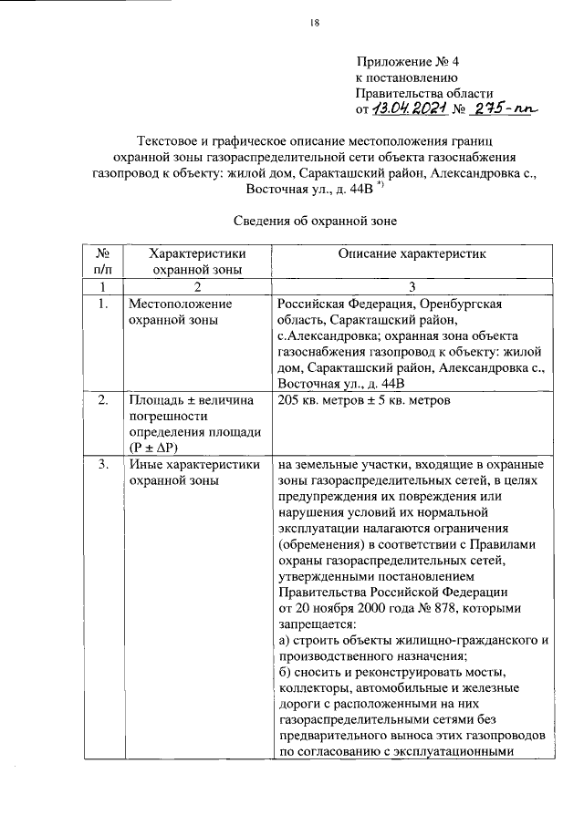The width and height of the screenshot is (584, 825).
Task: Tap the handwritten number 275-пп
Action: click(502, 109)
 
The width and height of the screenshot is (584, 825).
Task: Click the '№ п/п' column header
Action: click(103, 261)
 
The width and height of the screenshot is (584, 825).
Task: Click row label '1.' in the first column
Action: click(103, 303)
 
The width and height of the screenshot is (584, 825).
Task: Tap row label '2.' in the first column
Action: click(103, 399)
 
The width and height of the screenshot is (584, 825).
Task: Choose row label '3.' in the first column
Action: click(103, 465)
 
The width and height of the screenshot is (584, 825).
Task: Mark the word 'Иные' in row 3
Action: click(144, 465)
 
